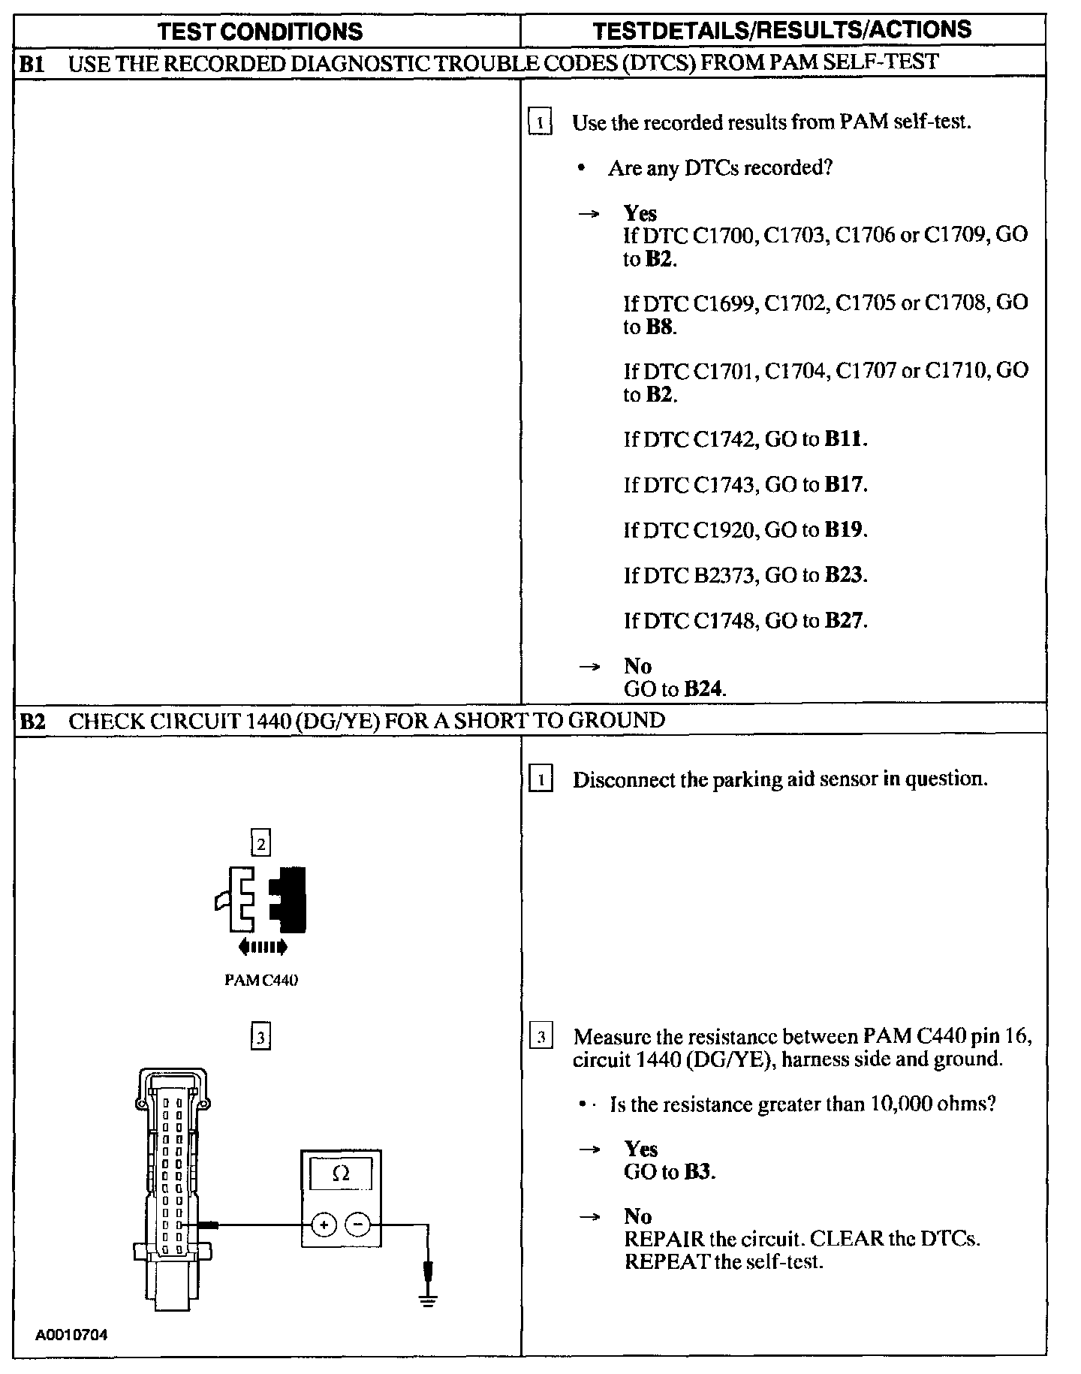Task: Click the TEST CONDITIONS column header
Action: point(260,32)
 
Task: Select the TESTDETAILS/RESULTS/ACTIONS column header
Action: point(781,30)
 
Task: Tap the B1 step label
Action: point(32,63)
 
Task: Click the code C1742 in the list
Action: point(724,439)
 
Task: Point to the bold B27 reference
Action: point(845,620)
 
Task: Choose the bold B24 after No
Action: point(704,689)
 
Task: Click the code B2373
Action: point(723,575)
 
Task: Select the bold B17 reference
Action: point(845,484)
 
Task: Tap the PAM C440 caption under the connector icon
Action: point(261,980)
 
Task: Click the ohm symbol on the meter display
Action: point(341,1173)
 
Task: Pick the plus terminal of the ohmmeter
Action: point(324,1225)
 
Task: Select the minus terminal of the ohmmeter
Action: point(357,1225)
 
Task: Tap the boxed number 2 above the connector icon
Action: point(260,844)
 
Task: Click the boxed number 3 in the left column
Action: point(260,1038)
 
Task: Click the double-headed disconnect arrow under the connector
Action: point(262,948)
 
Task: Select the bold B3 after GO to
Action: point(698,1171)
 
